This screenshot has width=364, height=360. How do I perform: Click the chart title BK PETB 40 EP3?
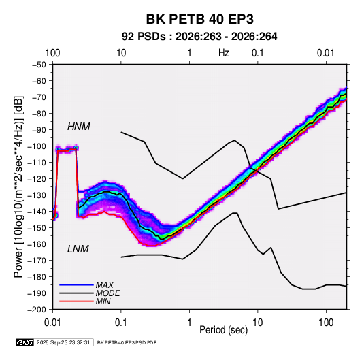pyautogui.click(x=199, y=19)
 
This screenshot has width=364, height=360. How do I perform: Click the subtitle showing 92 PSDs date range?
pyautogui.click(x=199, y=37)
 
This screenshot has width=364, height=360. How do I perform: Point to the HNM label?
pyautogui.click(x=79, y=127)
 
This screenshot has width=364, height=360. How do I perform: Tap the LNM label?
pyautogui.click(x=78, y=249)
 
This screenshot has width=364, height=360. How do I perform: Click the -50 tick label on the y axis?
pyautogui.click(x=39, y=65)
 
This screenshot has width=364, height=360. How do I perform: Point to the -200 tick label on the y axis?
pyautogui.click(x=37, y=310)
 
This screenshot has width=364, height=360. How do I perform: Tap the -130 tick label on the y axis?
pyautogui.click(x=37, y=195)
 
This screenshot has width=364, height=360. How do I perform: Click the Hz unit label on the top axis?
pyautogui.click(x=224, y=53)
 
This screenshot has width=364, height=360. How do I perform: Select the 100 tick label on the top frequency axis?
pyautogui.click(x=52, y=53)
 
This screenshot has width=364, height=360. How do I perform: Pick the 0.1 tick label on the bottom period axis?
pyautogui.click(x=121, y=323)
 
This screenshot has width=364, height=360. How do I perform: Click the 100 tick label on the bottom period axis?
pyautogui.click(x=327, y=323)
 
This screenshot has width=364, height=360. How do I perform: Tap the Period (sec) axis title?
pyautogui.click(x=224, y=330)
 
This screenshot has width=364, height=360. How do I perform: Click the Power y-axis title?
pyautogui.click(x=18, y=186)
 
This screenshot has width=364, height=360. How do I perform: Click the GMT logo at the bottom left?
pyautogui.click(x=25, y=342)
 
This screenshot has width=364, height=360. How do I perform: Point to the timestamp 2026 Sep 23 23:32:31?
pyautogui.click(x=63, y=342)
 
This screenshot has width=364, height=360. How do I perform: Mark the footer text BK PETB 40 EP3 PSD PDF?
pyautogui.click(x=127, y=342)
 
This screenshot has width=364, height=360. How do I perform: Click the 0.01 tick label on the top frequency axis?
pyautogui.click(x=326, y=53)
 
